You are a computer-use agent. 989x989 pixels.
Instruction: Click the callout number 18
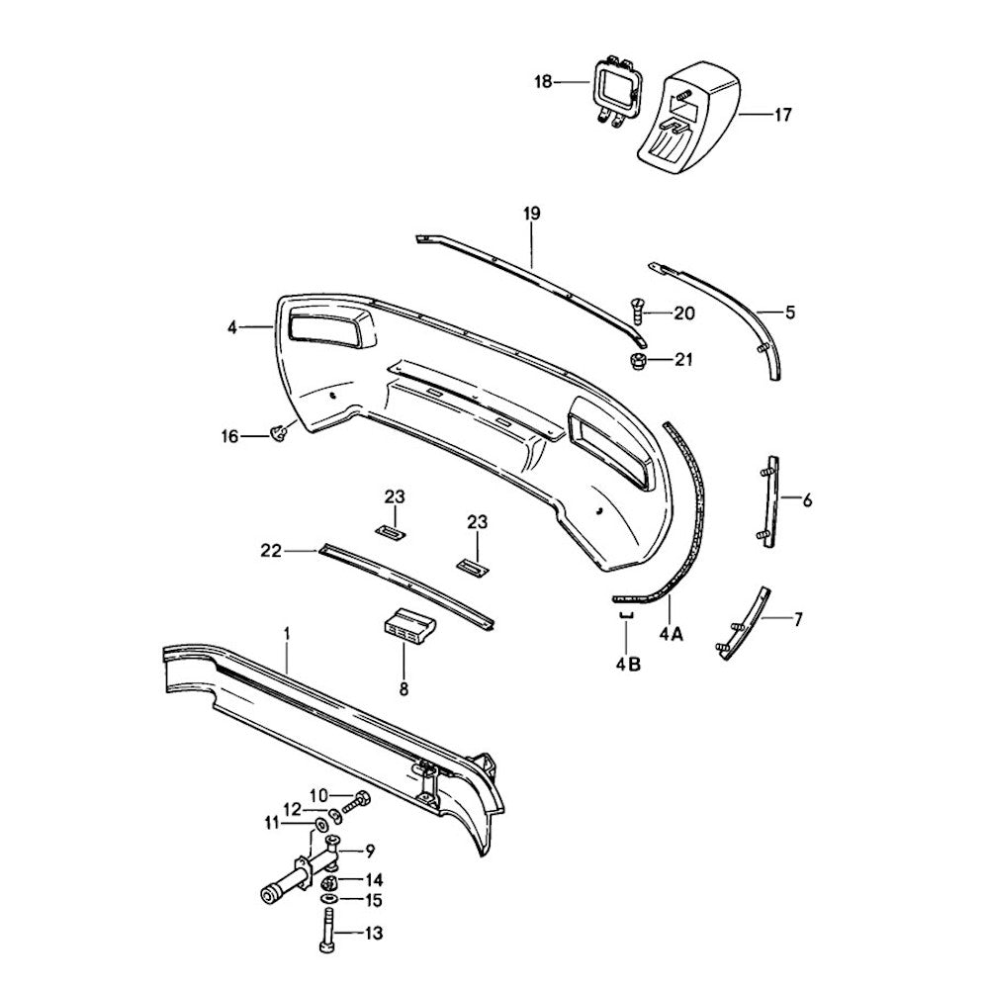543,82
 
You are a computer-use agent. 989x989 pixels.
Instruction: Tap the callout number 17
782,115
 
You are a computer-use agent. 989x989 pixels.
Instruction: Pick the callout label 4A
672,634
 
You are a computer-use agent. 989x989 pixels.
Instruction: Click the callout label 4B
629,664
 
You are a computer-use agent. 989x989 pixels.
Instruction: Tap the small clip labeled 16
278,433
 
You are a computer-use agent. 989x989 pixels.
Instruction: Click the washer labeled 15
328,898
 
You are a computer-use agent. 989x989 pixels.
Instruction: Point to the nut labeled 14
329,882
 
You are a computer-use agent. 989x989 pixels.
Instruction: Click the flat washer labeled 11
320,825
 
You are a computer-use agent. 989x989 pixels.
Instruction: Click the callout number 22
270,551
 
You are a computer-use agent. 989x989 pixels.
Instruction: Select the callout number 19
532,214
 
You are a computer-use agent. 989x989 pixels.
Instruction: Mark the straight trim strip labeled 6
768,501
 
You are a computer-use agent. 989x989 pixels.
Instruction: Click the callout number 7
798,619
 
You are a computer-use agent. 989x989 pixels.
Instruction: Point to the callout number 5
790,313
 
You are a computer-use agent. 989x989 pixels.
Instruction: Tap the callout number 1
287,633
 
